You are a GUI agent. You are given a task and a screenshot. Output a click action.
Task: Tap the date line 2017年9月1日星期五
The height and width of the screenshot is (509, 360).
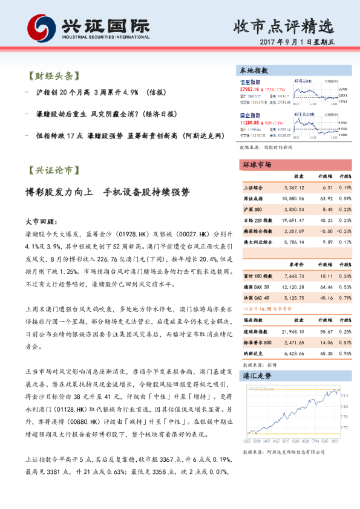pyautogui.click(x=305, y=43)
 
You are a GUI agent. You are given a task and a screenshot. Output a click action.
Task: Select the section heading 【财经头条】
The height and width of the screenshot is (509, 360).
pyautogui.click(x=53, y=77)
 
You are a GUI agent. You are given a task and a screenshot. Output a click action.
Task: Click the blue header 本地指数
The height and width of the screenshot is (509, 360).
pyautogui.click(x=254, y=71)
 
